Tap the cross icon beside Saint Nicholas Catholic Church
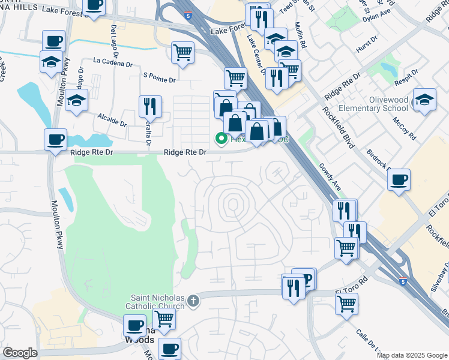point(193,300)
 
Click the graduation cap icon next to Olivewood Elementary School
point(424,100)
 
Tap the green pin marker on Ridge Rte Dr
point(221,139)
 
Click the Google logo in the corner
point(20,353)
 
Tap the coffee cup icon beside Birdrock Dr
point(399,179)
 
